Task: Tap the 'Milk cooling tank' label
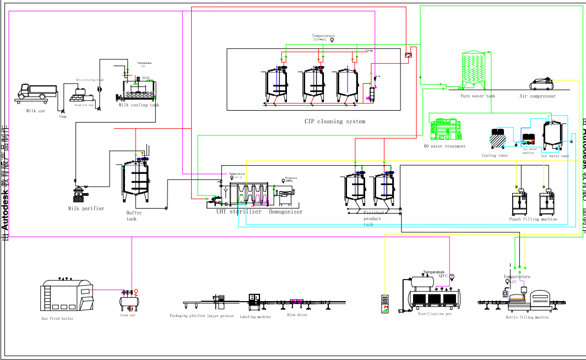(139, 105)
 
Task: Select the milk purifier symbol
(81, 195)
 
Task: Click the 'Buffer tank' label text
(133, 216)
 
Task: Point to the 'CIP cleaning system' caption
(334, 121)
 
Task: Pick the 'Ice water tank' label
(555, 156)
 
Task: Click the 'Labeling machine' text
(255, 317)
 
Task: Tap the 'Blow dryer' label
(297, 315)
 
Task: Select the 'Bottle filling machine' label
(527, 318)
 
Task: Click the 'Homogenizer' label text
(285, 211)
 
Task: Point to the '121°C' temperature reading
(443, 276)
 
